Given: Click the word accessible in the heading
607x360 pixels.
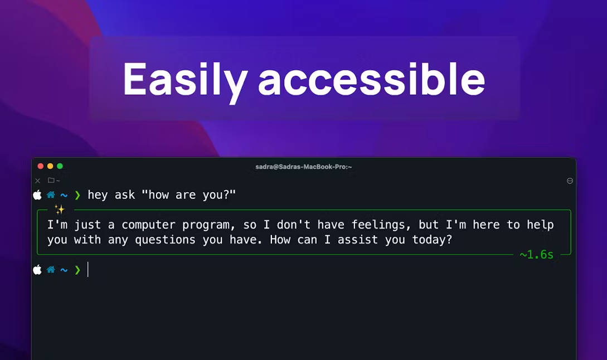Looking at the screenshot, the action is [371, 79].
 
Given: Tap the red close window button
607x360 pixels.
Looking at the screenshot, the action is [40, 166].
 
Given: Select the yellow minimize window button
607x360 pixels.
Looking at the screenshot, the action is [50, 166].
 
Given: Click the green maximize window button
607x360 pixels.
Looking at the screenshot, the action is [60, 166].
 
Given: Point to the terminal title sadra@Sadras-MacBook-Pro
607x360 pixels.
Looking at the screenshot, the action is [303, 167].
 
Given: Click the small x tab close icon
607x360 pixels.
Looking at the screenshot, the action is [37, 181].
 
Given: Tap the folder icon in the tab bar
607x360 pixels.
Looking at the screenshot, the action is [51, 180].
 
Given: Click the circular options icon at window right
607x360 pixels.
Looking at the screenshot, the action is [570, 181].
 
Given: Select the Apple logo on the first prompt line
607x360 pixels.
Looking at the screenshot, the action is [37, 194].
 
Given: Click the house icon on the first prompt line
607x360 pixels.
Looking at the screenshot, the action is [51, 194].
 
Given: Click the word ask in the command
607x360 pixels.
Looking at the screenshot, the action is [125, 194].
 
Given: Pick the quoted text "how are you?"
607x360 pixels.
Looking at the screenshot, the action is [188, 194].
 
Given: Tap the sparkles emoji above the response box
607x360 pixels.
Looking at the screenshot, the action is [60, 210].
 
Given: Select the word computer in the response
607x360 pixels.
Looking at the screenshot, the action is [148, 225].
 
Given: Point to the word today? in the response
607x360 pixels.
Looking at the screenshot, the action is [431, 240].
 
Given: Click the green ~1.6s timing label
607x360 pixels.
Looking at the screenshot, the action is [537, 255].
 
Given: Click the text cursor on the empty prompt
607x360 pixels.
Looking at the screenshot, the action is [88, 269].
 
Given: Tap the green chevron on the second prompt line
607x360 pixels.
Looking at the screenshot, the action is [77, 270].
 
